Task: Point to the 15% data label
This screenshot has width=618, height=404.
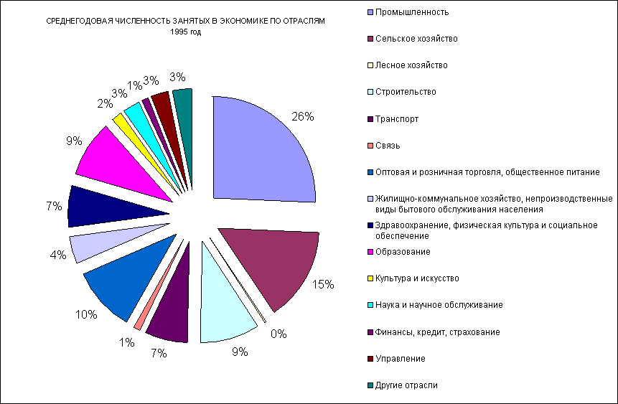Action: tap(322, 284)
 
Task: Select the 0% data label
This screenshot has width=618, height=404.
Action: tap(278, 334)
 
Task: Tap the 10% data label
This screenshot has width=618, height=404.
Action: tap(87, 314)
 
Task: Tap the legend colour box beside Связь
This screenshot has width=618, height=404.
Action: tap(370, 146)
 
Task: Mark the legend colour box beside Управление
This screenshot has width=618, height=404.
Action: tap(370, 359)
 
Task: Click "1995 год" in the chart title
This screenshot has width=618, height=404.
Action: tap(185, 33)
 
